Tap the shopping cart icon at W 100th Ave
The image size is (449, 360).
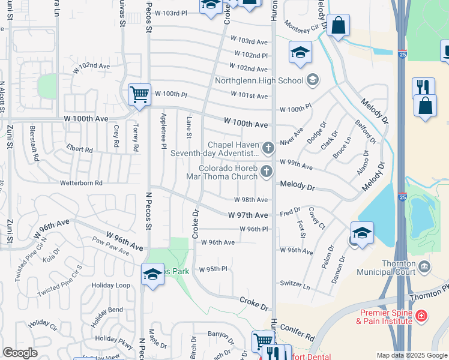coord(139,94)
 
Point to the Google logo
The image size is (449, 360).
coord(20,353)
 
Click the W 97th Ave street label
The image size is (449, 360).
coord(248,215)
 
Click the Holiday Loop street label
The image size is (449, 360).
coord(110,286)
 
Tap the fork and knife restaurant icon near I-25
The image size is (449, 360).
coord(423,88)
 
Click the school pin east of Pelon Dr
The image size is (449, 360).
coord(363,233)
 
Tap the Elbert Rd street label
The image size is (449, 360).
coord(80,149)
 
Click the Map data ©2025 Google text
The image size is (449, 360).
coord(411,355)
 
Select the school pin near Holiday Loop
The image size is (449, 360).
coord(152,275)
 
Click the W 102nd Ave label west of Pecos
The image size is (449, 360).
coord(92,68)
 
